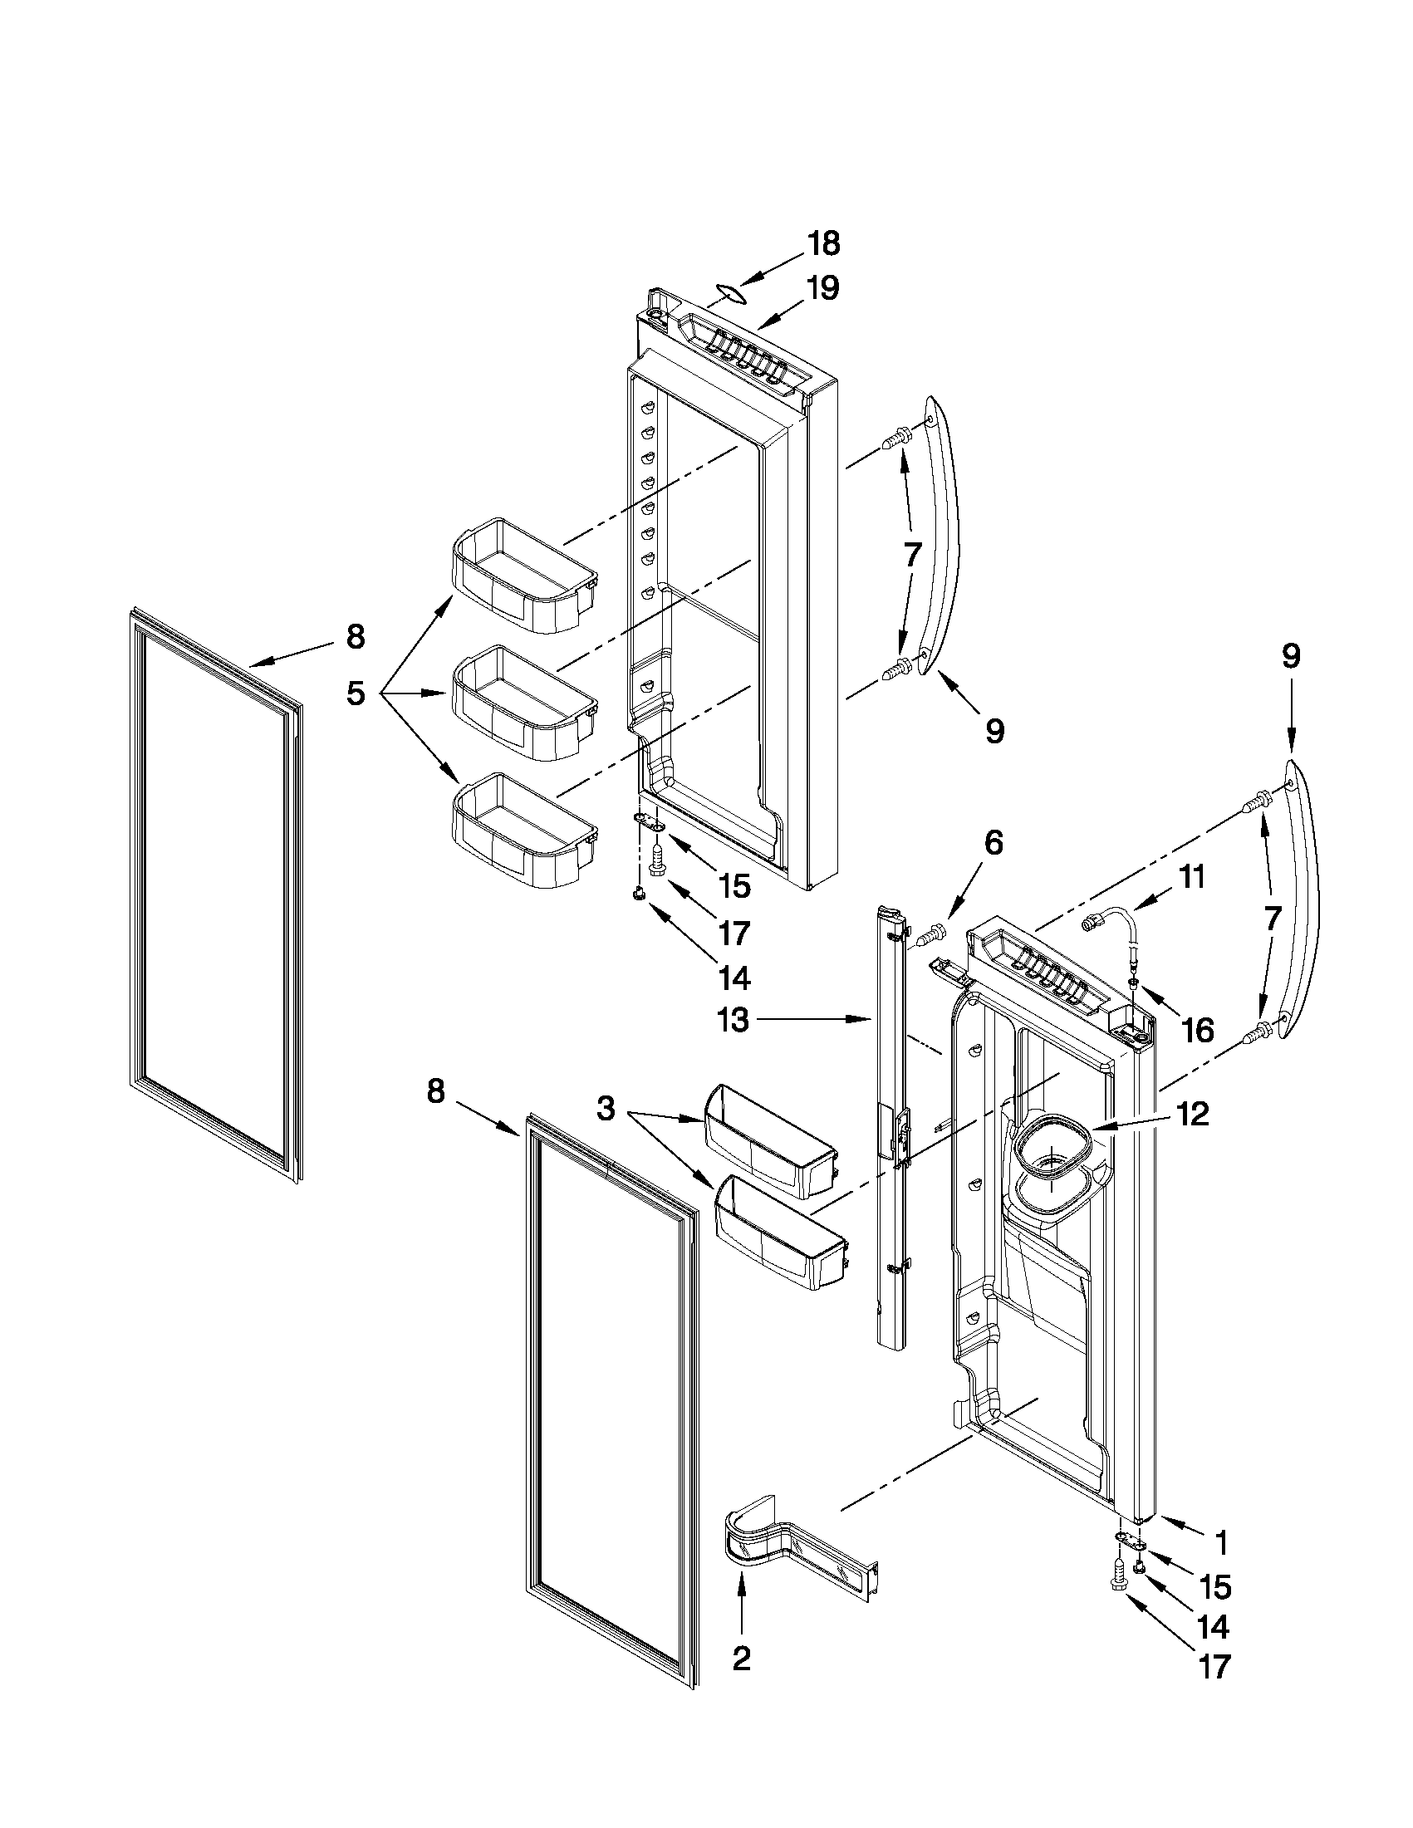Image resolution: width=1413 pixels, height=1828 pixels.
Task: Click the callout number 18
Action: coord(823,244)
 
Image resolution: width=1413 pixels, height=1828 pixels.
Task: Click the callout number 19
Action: coord(823,289)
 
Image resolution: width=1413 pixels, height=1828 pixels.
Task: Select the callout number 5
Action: coord(356,693)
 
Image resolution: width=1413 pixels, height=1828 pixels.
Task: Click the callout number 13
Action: coord(733,1020)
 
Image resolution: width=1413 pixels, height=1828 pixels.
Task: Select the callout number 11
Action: coord(1192,878)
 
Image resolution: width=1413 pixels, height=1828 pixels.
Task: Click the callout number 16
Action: coord(1198,1031)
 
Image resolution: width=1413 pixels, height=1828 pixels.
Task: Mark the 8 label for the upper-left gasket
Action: coord(356,638)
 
